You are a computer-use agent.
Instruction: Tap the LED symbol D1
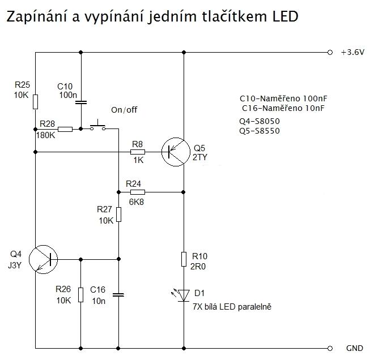point(183,294)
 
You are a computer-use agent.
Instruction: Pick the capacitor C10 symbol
point(80,102)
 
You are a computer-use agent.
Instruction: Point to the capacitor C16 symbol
point(118,294)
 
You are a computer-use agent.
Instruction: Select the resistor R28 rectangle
point(65,129)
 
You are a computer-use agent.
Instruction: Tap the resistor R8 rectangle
point(138,152)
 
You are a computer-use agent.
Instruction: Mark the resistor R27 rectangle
point(118,215)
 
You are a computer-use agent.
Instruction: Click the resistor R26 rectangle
point(80,294)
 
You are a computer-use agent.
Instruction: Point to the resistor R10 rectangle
point(183,259)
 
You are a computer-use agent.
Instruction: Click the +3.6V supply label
point(352,53)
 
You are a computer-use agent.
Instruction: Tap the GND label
point(354,348)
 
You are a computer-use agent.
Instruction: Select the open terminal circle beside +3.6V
point(330,53)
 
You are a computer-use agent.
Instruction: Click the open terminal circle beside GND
point(330,347)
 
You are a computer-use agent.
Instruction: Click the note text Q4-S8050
point(260,121)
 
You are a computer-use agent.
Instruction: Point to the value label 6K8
point(137,202)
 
